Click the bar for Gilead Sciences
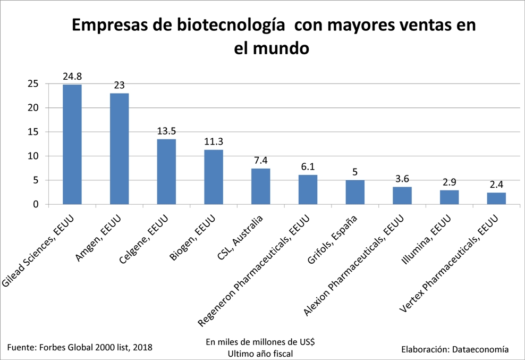tap(72, 144)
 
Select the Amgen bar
tap(119, 149)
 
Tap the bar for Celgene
tap(166, 171)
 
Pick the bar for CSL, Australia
tap(260, 186)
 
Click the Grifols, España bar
tap(355, 192)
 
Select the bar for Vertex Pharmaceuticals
tap(496, 198)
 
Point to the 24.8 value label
tap(72, 77)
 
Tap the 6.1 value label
tap(308, 167)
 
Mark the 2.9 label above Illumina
tap(449, 182)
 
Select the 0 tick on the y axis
tap(36, 204)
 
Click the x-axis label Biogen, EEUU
tap(192, 238)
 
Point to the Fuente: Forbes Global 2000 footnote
tap(80, 347)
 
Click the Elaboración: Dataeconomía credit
tap(455, 349)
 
